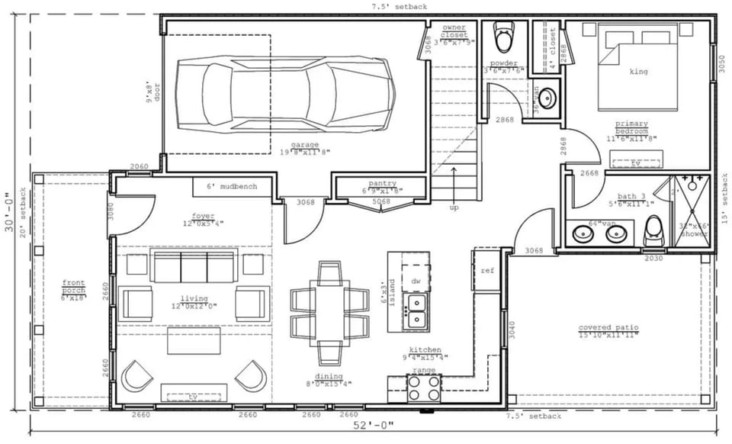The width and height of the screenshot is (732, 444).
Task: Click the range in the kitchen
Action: pos(423,388)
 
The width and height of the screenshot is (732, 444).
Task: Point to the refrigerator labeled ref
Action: pos(487,271)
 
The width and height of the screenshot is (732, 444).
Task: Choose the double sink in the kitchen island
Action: pos(416,311)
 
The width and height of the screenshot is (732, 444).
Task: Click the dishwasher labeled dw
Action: pos(416,281)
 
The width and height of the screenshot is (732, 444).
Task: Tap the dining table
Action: pos(330,313)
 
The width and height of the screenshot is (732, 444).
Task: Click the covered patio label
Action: pos(607,331)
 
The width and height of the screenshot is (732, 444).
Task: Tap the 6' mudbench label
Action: pos(232,186)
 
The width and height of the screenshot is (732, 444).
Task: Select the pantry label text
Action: pos(381,184)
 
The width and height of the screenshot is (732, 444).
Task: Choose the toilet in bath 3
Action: pos(654,230)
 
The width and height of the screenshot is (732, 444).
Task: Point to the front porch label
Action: pos(74,289)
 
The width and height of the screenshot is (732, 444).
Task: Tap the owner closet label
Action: pos(454,31)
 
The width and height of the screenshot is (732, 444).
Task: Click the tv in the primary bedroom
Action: pos(635,162)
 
